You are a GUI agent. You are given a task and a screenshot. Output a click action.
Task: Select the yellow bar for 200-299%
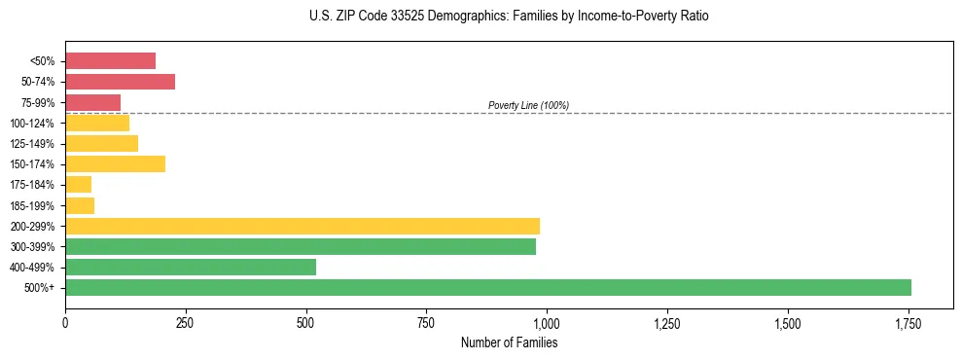tap(303, 226)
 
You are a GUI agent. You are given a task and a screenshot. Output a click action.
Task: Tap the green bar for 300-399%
tap(301, 246)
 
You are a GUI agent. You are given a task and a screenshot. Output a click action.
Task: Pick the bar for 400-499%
tap(191, 267)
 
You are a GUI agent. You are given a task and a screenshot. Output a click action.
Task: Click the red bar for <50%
tap(110, 60)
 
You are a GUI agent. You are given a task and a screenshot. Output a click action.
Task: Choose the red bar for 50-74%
tap(120, 81)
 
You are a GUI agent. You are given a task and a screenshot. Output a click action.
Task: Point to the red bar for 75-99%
tap(92, 102)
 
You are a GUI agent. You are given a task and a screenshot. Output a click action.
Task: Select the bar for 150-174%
tap(115, 163)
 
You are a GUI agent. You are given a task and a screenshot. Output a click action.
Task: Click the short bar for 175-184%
tap(78, 184)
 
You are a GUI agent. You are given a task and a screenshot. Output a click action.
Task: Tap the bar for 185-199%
tap(80, 205)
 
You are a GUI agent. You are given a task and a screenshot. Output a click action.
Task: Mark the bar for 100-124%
tap(97, 123)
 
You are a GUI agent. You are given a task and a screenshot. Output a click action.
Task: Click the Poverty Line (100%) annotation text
tap(528, 105)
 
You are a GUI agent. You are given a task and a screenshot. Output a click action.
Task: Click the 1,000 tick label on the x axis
tap(547, 323)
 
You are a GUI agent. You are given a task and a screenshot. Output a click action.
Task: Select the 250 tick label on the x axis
tap(186, 323)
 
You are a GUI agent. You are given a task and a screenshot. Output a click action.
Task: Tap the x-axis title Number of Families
tap(509, 342)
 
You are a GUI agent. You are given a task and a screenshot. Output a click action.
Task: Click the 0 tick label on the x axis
tap(65, 323)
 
